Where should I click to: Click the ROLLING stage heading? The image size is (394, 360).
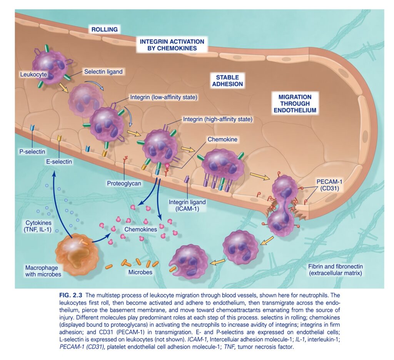[105, 29]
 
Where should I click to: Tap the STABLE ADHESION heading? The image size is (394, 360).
[227, 81]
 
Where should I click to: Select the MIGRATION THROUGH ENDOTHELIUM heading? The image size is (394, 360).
[295, 104]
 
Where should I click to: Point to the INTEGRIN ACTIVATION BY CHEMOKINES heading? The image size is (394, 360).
[172, 45]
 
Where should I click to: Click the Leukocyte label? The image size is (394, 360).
[33, 74]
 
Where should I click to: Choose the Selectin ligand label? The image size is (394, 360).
[103, 72]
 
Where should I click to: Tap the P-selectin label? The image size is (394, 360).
[32, 152]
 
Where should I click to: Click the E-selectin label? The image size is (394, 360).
[59, 162]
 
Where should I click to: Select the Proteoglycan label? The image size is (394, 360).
[124, 183]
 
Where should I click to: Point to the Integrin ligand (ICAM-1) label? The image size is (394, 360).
[187, 205]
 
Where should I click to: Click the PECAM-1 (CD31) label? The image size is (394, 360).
[329, 185]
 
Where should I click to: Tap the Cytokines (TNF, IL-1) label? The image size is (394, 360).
[38, 226]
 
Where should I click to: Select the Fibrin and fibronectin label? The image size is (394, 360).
[336, 270]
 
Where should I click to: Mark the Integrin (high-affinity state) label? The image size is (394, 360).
[218, 119]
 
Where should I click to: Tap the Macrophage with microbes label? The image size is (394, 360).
[43, 271]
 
